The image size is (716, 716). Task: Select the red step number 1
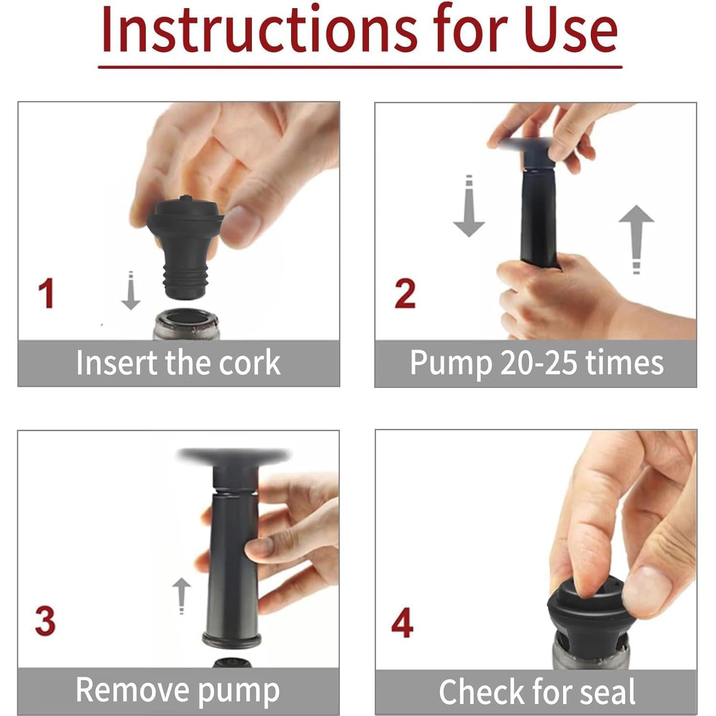pyautogui.click(x=46, y=293)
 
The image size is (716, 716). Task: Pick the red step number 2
pyautogui.click(x=405, y=293)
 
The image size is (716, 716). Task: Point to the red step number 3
pyautogui.click(x=45, y=621)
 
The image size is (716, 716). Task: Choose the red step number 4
pyautogui.click(x=402, y=622)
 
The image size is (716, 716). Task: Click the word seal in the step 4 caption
pyautogui.click(x=607, y=692)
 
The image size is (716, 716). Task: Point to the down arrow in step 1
pyautogui.click(x=130, y=291)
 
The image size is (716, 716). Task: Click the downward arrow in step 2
pyautogui.click(x=469, y=206)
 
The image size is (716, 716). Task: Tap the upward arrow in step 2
pyautogui.click(x=636, y=239)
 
